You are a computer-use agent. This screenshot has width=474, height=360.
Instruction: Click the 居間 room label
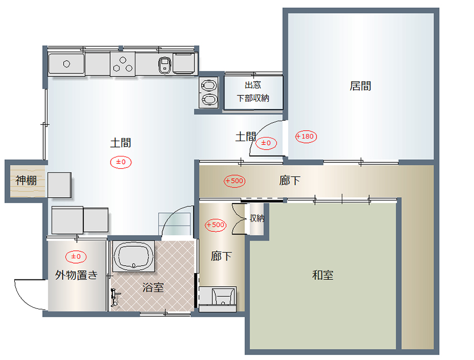pyautogui.click(x=360, y=86)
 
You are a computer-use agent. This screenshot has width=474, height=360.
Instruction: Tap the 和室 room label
pyautogui.click(x=322, y=275)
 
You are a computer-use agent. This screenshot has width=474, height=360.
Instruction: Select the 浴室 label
pyautogui.click(x=153, y=287)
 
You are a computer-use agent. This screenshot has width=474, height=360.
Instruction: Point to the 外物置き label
pyautogui.click(x=76, y=275)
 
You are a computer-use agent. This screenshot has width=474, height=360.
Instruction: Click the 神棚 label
pyautogui.click(x=26, y=180)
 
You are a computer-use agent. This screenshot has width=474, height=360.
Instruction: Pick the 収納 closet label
pyautogui.click(x=257, y=218)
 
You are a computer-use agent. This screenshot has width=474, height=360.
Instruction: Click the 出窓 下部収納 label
pyautogui.click(x=253, y=91)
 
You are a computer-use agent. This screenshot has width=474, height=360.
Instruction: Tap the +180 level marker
pyautogui.click(x=306, y=137)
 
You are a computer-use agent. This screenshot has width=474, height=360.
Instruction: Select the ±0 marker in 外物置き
pyautogui.click(x=76, y=257)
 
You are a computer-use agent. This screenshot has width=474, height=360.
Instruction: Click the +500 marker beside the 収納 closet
pyautogui.click(x=215, y=225)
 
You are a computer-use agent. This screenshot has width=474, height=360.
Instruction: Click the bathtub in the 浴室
pyautogui.click(x=133, y=256)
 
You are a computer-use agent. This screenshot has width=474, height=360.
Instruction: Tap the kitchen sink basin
pyautogui.click(x=66, y=64)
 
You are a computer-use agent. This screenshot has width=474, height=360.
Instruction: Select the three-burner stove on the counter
pyautogui.click(x=123, y=64)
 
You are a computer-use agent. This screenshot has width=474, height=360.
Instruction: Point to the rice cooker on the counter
pyautogui.click(x=164, y=65)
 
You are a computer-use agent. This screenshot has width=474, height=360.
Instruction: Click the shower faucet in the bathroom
pyautogui.click(x=114, y=298)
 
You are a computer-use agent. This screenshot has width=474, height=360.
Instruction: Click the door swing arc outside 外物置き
pyautogui.click(x=25, y=299)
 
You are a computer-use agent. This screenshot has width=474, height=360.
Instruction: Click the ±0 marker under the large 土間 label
pyautogui.click(x=121, y=162)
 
